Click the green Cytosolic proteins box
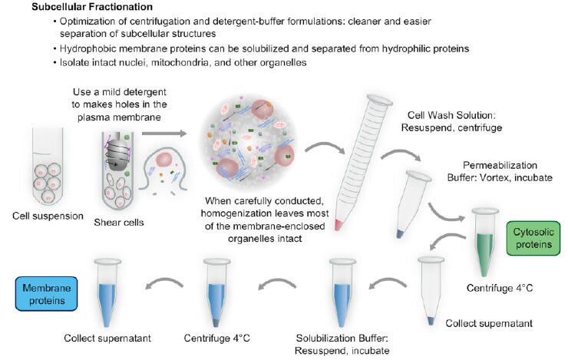(x=528, y=236)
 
